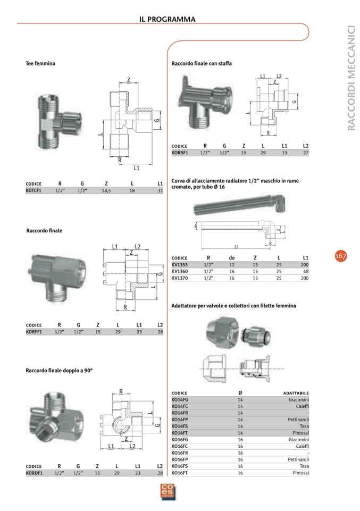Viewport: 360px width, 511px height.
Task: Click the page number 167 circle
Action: coord(340,256)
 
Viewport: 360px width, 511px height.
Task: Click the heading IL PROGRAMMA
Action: coord(168,19)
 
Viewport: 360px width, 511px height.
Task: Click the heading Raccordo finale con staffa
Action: coord(202,63)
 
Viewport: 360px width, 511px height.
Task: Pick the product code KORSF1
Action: coord(181,152)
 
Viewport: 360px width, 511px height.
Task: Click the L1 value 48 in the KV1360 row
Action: coord(305,271)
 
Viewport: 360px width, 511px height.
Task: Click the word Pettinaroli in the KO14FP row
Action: coord(298,420)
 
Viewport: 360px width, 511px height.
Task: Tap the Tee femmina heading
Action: coord(40,63)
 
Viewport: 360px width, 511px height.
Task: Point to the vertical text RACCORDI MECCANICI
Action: coord(351,77)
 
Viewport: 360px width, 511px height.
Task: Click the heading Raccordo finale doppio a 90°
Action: coord(60,370)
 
